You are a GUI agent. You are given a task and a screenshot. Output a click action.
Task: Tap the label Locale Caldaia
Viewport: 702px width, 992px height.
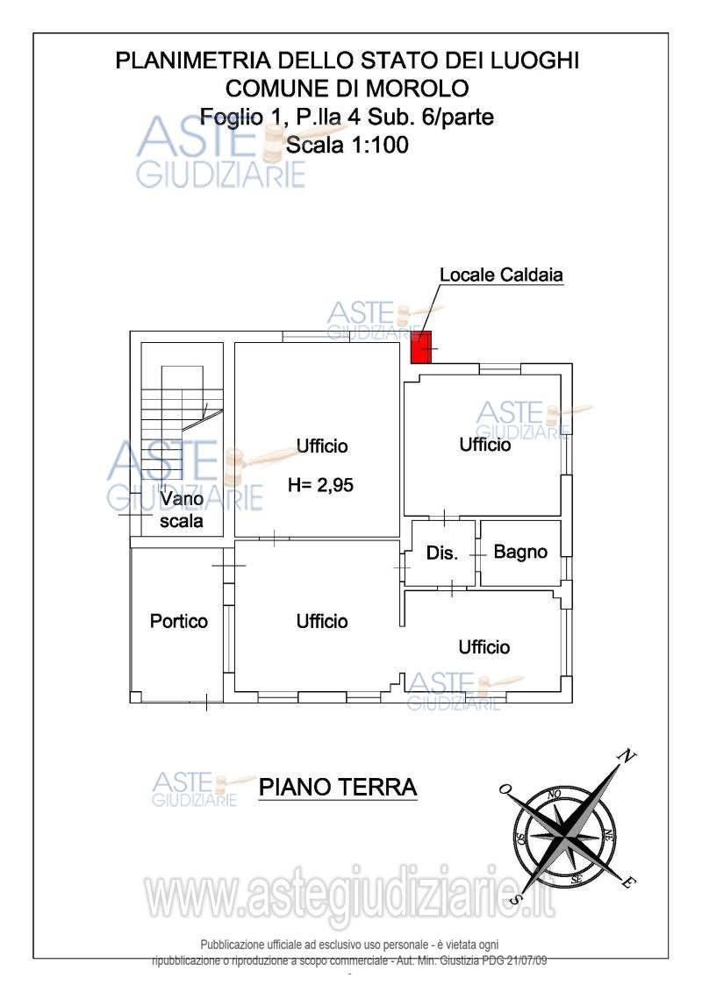(501, 275)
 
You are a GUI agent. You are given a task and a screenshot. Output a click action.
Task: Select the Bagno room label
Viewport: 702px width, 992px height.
(520, 552)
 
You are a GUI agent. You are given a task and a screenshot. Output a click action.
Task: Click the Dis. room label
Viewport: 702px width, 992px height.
(442, 553)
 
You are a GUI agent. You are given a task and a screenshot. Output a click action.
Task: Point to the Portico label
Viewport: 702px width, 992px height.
(178, 621)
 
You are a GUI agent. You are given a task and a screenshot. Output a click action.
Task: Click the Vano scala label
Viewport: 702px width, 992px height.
(182, 510)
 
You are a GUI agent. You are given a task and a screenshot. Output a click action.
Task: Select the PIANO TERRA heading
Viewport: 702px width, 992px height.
(338, 788)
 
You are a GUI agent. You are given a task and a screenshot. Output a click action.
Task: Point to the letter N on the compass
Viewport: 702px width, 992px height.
(627, 756)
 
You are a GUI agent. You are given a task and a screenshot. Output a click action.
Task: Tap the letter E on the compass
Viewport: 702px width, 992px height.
(630, 882)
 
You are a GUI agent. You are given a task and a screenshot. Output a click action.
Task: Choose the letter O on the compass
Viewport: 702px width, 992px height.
(505, 789)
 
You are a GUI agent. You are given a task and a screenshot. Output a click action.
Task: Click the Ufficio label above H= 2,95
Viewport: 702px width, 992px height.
(322, 446)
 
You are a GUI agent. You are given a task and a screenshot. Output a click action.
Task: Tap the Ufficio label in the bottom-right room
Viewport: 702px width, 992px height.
(484, 647)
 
